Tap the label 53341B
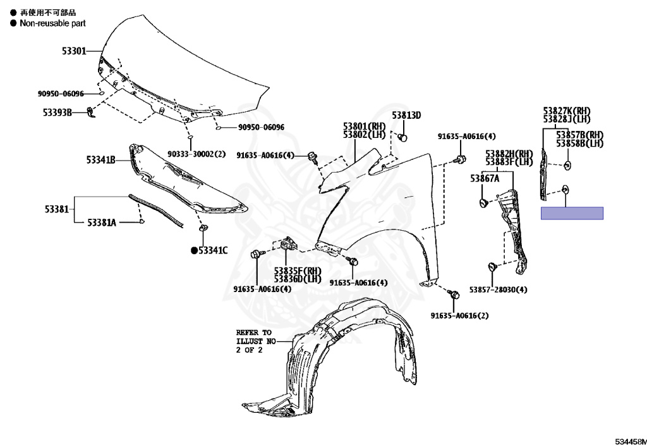click(100, 160)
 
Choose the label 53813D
click(406, 115)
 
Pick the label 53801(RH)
click(364, 126)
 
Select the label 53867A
click(484, 179)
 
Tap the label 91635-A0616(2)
click(459, 315)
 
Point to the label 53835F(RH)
click(298, 271)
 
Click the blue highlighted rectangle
click(572, 213)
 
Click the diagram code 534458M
click(630, 441)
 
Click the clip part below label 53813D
click(404, 137)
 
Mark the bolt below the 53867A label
click(483, 204)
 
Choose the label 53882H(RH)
click(509, 154)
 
